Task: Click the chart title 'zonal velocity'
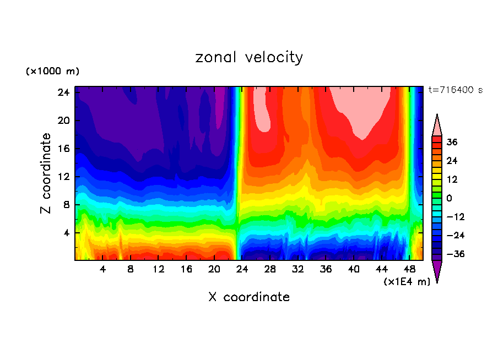click(x=249, y=57)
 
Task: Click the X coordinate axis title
click(x=249, y=297)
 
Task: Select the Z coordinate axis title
click(x=47, y=173)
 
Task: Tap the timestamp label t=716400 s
click(x=455, y=90)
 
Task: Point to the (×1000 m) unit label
click(x=52, y=72)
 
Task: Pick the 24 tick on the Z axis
click(x=62, y=92)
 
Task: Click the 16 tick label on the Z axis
click(x=62, y=149)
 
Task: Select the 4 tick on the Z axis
click(x=66, y=233)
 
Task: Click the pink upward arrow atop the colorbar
click(x=437, y=125)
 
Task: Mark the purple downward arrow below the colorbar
click(x=437, y=271)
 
